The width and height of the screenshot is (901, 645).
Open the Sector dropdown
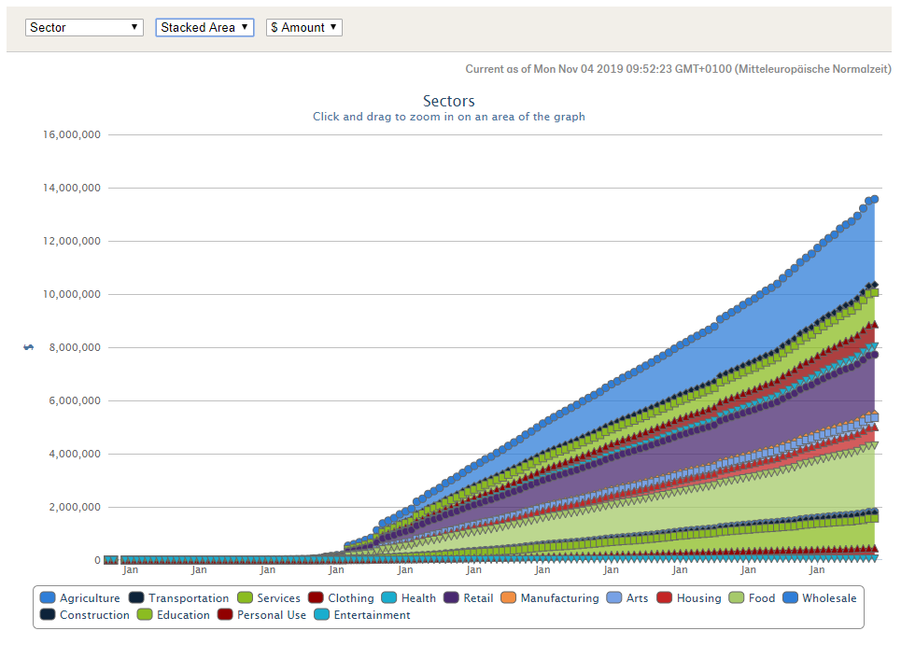tap(84, 28)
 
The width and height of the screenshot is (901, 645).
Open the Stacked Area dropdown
tap(204, 28)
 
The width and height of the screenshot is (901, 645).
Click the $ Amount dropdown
tap(304, 28)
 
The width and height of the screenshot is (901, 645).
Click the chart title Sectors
tap(448, 101)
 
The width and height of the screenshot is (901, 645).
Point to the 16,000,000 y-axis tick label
tap(73, 134)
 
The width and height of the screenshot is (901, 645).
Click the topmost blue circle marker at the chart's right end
tap(874, 199)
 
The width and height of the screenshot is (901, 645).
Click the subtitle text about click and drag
tap(448, 117)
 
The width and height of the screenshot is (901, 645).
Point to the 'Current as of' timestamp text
tap(678, 69)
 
